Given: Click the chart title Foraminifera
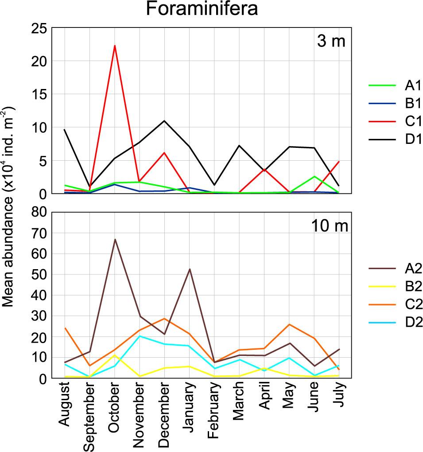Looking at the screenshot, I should (202, 10).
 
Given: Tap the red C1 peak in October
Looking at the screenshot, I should (115, 46).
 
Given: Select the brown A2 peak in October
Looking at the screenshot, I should (115, 240).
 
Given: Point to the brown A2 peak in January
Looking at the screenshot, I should (190, 269).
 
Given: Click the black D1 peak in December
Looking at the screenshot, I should (164, 121).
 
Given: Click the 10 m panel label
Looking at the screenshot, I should (328, 225).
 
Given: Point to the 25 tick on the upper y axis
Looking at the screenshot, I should (39, 28).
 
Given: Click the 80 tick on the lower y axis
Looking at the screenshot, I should (39, 212).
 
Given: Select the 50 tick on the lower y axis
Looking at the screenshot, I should (39, 274).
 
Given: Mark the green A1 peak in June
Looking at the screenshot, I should (314, 176).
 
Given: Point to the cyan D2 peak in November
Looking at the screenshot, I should (140, 336).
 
